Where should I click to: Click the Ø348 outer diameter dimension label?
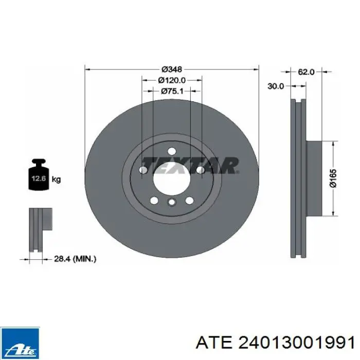[172, 69]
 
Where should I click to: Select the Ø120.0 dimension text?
[172, 80]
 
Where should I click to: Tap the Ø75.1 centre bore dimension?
[172, 91]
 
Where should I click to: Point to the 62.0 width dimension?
[306, 72]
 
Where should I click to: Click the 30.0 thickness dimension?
[276, 86]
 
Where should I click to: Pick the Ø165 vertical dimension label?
[333, 178]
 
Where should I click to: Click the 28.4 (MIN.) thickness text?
[75, 259]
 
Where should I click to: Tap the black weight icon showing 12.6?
[39, 174]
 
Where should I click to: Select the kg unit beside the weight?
[56, 179]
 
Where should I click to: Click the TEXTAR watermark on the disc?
[190, 166]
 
